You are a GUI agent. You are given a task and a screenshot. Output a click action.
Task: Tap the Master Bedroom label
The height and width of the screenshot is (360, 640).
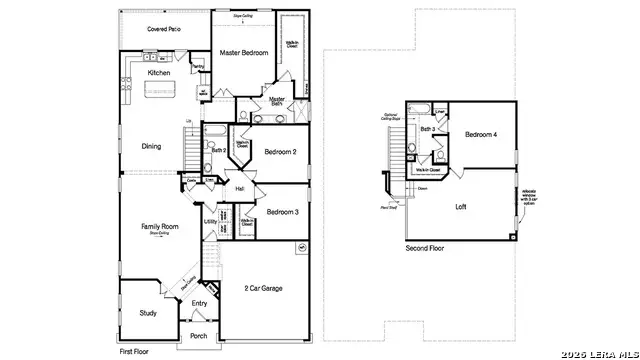coord(244,53)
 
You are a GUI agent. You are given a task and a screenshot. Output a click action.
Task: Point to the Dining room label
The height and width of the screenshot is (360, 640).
coord(150,146)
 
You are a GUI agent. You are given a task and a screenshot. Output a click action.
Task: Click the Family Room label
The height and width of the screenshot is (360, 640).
coord(159,227)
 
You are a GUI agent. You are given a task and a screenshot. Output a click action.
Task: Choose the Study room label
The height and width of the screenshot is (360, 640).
coord(148,313)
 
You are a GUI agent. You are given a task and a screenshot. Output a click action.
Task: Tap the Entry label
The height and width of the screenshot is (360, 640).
coord(199,303)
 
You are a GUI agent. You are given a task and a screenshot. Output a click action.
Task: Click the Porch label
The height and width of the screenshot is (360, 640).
coord(198,336)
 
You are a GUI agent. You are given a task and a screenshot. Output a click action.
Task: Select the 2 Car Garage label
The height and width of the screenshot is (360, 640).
coord(262,288)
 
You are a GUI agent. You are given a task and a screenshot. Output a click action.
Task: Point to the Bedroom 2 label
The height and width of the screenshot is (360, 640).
coord(281,152)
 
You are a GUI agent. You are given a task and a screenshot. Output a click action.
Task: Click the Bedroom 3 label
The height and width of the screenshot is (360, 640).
coord(282,212)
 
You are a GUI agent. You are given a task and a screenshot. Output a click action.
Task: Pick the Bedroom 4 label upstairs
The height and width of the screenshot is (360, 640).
coord(481,135)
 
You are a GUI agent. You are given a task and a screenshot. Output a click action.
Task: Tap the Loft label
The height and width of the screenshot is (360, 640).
coord(461,207)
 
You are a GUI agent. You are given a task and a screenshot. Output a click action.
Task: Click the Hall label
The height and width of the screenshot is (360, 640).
coord(240,189)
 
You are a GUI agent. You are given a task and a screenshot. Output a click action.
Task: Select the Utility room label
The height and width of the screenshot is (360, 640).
coord(211,222)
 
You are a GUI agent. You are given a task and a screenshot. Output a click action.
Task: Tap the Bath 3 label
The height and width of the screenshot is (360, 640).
coord(426,129)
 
